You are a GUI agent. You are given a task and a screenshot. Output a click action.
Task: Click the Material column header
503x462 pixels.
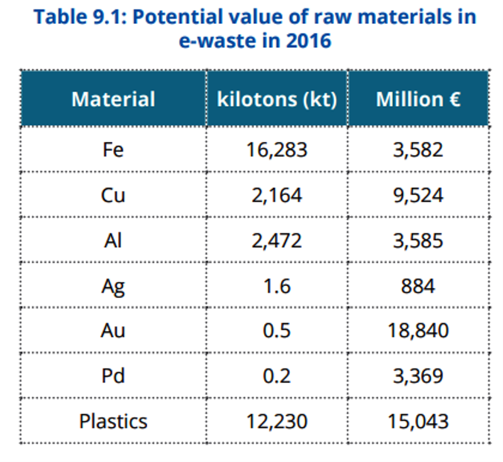pos(113,99)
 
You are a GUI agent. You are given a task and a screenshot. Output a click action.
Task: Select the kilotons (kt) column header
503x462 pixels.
pos(277,99)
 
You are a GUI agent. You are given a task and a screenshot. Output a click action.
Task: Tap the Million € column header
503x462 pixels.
pos(418,99)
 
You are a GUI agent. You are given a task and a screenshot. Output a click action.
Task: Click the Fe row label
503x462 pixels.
pos(113,150)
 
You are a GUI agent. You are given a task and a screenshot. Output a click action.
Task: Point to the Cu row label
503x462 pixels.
pos(113,195)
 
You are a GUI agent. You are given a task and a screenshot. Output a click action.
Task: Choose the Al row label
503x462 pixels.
pos(113,241)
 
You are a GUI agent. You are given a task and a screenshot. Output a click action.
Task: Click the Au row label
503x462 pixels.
pos(113,331)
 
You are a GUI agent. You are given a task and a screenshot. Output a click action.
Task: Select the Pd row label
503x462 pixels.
pos(113,376)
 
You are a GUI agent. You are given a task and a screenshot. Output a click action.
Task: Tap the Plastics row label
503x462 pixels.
pos(113,421)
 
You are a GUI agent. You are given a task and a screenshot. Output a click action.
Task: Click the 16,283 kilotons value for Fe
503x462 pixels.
pos(277,150)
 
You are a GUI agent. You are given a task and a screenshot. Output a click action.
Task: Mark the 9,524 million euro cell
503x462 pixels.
pos(418,195)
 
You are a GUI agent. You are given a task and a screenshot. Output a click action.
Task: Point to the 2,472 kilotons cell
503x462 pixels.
pos(277,241)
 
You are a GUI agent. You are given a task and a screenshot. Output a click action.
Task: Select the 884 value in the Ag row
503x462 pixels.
pos(418,285)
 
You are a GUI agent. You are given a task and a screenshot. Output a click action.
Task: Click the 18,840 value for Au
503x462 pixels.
pos(418,331)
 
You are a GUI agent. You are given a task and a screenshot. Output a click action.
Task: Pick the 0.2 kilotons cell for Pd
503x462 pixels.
pos(277,376)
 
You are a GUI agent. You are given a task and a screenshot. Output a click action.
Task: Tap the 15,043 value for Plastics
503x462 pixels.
pos(418,421)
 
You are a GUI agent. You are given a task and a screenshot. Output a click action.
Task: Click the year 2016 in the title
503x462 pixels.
pos(308,41)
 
